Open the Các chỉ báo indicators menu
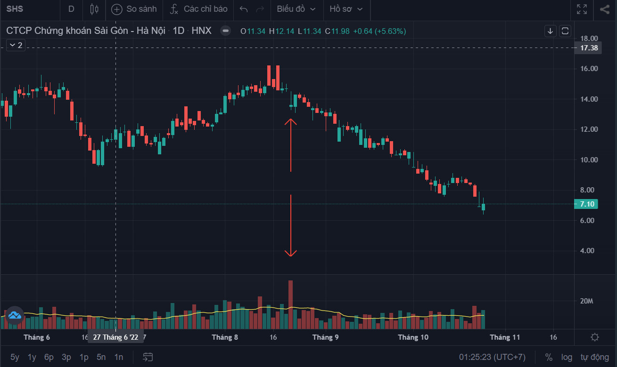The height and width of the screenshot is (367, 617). [199, 9]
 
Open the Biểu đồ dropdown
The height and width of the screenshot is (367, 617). [296, 9]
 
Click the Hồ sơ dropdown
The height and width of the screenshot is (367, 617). [346, 9]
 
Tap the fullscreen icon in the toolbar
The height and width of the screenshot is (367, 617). [582, 9]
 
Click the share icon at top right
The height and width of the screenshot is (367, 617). [604, 9]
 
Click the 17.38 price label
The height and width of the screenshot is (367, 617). [589, 48]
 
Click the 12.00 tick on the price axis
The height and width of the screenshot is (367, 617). [590, 129]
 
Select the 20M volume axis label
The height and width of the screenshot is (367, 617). [586, 301]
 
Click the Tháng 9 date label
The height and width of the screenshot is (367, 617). [325, 337]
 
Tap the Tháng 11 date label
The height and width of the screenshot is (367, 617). [504, 337]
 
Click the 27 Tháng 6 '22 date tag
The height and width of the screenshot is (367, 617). [115, 337]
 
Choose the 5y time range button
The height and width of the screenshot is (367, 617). [15, 357]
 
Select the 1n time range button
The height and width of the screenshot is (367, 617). [119, 357]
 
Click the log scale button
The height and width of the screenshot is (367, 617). [567, 357]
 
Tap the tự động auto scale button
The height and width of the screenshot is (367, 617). [595, 357]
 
